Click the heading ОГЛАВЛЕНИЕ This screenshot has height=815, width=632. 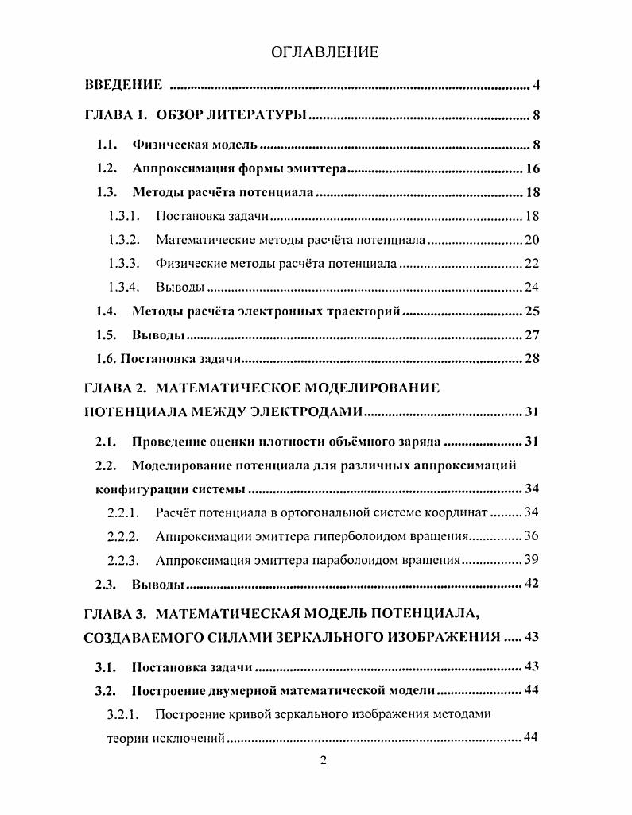pyautogui.click(x=324, y=53)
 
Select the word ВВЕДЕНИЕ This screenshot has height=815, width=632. pyautogui.click(x=124, y=85)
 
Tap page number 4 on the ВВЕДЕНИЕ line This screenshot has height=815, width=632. pyautogui.click(x=537, y=85)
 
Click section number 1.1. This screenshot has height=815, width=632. pyautogui.click(x=107, y=145)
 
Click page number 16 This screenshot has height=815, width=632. pyautogui.click(x=533, y=168)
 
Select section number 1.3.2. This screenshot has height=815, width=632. pyautogui.click(x=123, y=239)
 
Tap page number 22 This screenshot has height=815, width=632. pyautogui.click(x=533, y=263)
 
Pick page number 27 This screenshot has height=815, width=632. pyautogui.click(x=533, y=334)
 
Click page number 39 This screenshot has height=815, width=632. pyautogui.click(x=533, y=560)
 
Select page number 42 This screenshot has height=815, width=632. pyautogui.click(x=533, y=584)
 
